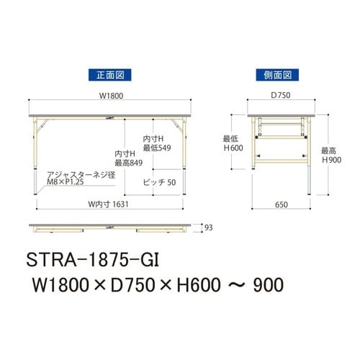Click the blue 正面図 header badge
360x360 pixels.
point(108,75)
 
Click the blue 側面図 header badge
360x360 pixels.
point(276,75)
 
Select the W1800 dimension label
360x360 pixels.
point(109,94)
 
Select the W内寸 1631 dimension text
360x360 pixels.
point(109,204)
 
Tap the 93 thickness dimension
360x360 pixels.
point(210,228)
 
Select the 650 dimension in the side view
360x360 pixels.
point(281,204)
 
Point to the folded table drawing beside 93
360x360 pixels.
point(109,228)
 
